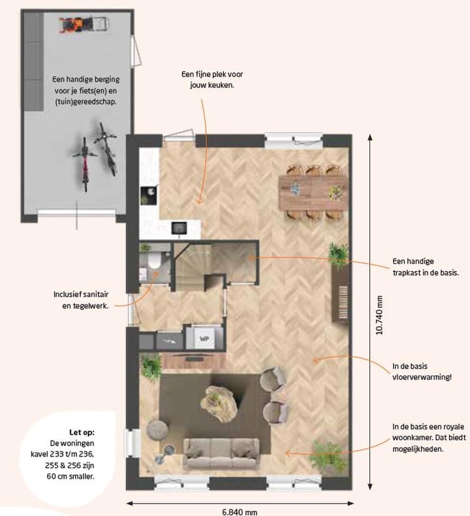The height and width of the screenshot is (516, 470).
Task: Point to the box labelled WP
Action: coord(204,338)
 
